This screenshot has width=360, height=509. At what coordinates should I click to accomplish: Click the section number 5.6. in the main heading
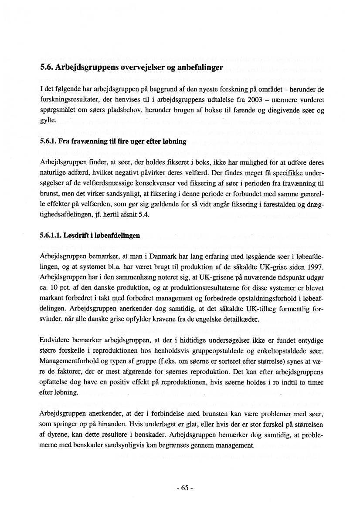[x=47, y=68]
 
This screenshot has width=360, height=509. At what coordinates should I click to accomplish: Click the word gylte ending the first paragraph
[x=47, y=120]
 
